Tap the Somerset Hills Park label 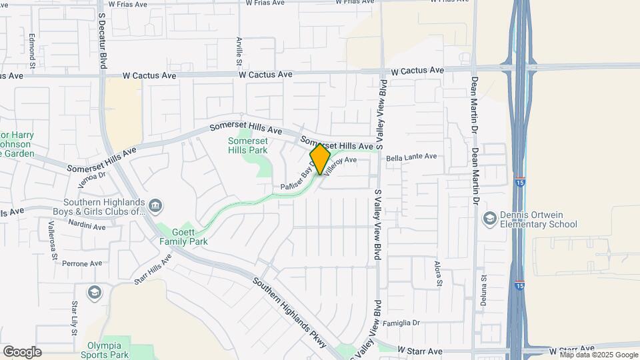point(248,145)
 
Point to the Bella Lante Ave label point(411,157)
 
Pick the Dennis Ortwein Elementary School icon point(490,219)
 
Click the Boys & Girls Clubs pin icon point(155,205)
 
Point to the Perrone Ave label point(83,263)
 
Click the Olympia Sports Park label point(105,350)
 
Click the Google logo point(22,352)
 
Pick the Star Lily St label point(75,316)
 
